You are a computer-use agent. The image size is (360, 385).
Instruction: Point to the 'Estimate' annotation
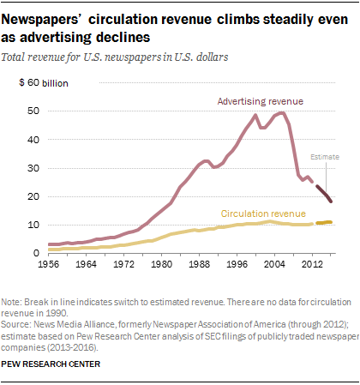tap(324, 157)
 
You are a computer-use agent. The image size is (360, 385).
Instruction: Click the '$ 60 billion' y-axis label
tap(50, 83)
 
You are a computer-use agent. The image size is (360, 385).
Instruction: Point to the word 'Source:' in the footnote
tap(18, 326)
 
